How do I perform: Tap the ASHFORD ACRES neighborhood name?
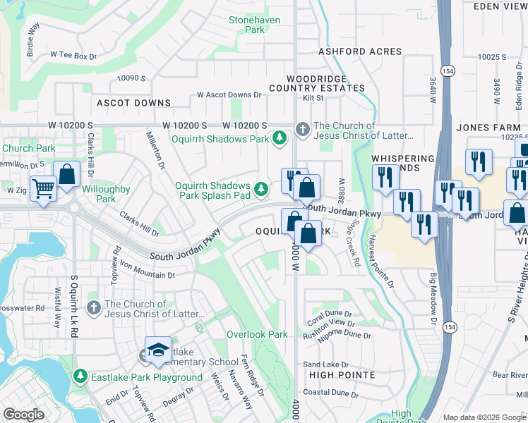(360, 51)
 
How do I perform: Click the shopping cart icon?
(44, 189)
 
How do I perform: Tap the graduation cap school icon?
(159, 350)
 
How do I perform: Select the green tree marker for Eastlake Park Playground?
(83, 377)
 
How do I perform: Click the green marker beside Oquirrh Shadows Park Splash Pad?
(262, 188)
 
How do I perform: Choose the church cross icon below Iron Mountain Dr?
(93, 308)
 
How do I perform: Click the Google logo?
(23, 415)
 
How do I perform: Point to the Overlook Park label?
(257, 334)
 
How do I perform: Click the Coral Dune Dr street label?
(330, 317)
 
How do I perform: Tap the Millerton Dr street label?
(155, 151)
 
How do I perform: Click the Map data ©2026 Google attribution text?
(484, 417)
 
